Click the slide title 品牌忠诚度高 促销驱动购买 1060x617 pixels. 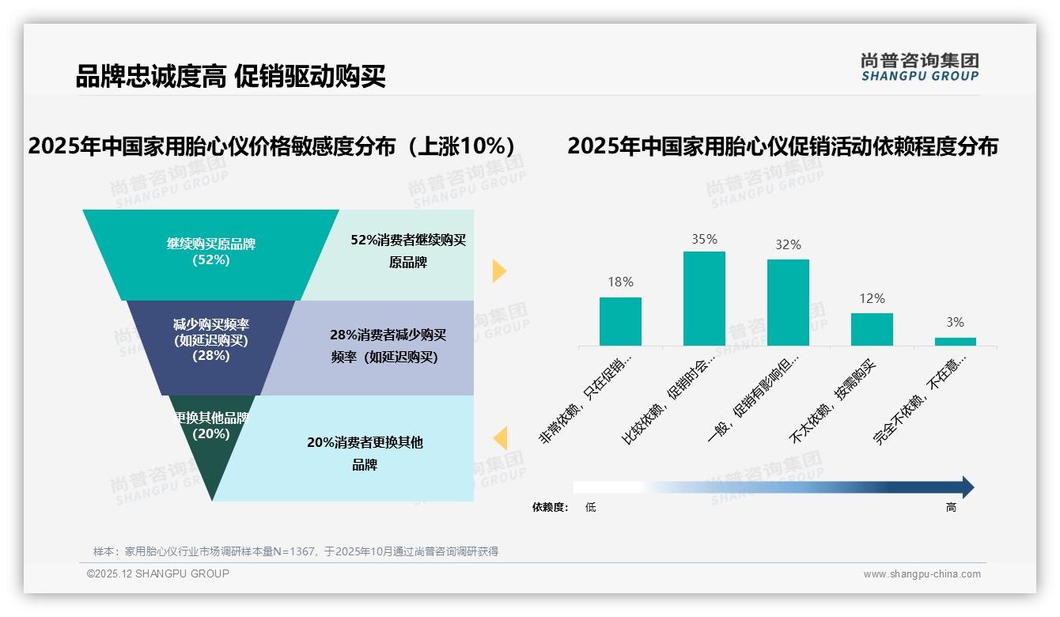click(x=230, y=77)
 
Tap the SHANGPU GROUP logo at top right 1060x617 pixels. click(x=919, y=67)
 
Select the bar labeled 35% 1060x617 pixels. click(x=704, y=298)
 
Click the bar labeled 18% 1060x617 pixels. click(x=620, y=321)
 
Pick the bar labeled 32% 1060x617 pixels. click(x=788, y=302)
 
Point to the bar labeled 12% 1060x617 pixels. click(x=872, y=329)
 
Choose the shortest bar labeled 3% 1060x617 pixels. click(x=955, y=342)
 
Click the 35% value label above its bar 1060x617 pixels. click(x=704, y=239)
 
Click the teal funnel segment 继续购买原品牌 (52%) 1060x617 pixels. click(x=211, y=252)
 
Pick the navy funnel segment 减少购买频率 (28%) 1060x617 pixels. click(x=211, y=340)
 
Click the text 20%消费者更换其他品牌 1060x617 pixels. click(x=365, y=453)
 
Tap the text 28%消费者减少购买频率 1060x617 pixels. click(x=387, y=346)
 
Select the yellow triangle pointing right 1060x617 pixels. click(x=498, y=271)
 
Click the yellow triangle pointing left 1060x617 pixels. click(x=500, y=438)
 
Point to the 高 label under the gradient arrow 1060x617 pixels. click(x=951, y=507)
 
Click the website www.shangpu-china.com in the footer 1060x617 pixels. click(x=922, y=574)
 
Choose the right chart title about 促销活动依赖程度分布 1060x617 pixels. click(x=782, y=146)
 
